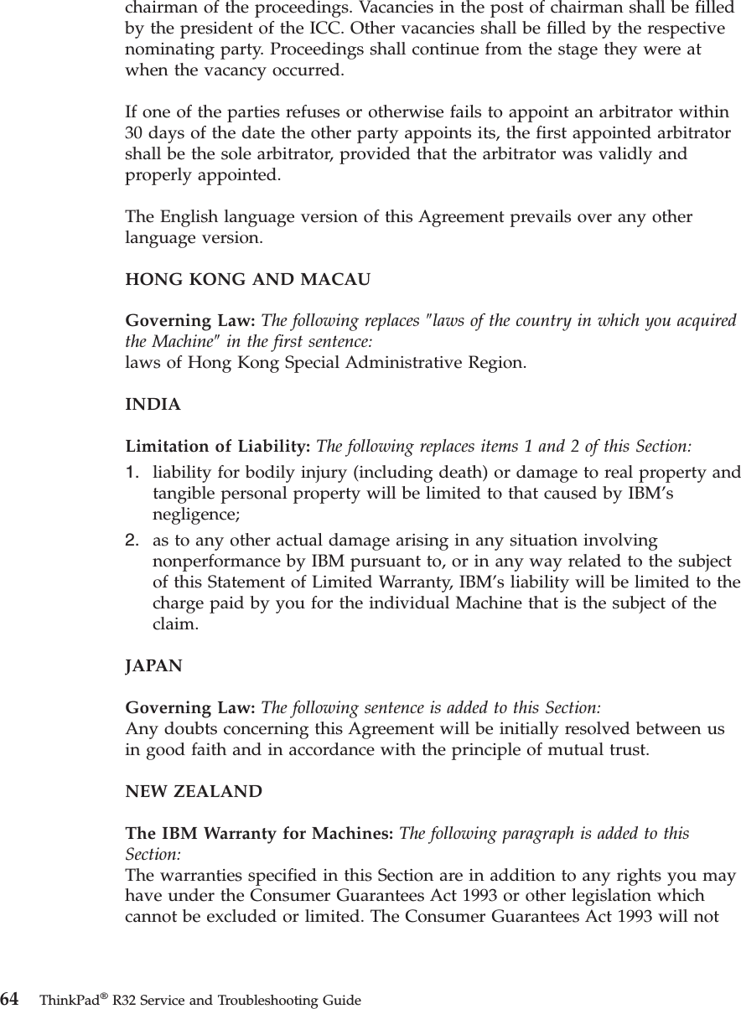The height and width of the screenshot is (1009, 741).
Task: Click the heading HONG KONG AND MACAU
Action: (x=247, y=280)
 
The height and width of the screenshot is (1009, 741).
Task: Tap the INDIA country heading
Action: (x=153, y=405)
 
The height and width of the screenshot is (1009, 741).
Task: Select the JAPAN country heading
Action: (x=153, y=666)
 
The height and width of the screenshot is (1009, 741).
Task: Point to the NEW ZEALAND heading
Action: (x=194, y=792)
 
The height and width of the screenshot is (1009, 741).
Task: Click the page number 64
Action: (x=10, y=999)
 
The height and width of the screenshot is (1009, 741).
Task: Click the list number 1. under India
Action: (x=133, y=473)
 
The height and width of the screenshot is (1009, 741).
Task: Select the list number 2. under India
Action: (x=133, y=542)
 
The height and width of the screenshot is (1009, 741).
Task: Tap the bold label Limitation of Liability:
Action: (x=218, y=444)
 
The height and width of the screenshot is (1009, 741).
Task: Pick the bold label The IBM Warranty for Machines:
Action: (x=259, y=834)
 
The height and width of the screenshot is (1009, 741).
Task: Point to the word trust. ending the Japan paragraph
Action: (x=629, y=748)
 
